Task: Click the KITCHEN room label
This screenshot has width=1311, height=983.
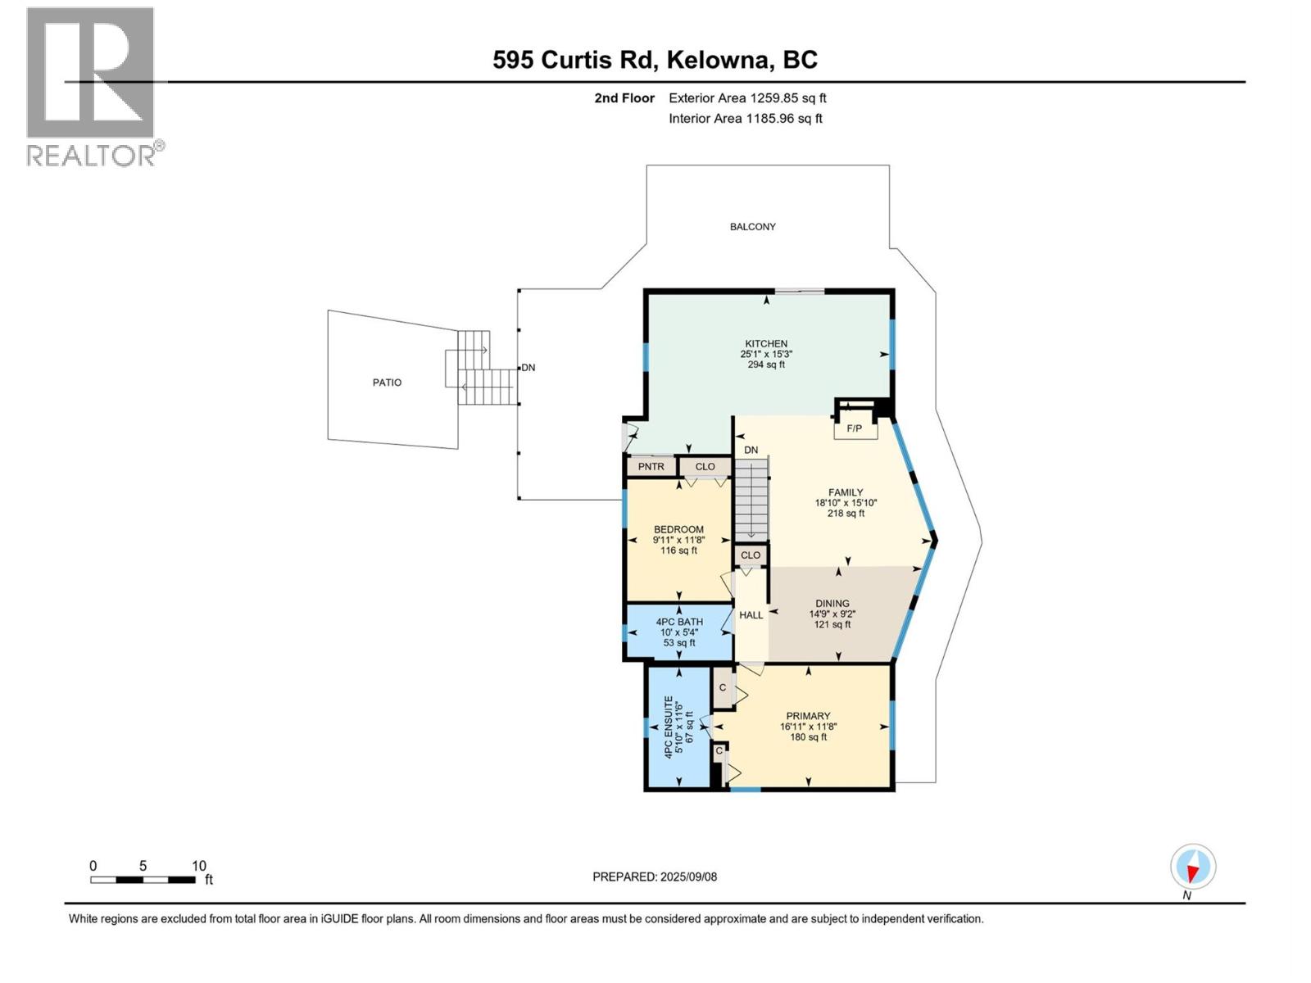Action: (766, 344)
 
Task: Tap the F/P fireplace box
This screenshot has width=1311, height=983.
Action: (855, 428)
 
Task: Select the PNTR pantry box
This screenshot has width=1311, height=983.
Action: (651, 467)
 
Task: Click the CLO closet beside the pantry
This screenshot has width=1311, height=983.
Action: (705, 467)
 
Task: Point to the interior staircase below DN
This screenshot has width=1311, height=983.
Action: (751, 500)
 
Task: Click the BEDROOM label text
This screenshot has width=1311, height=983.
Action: (678, 529)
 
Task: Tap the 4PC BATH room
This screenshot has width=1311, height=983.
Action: (679, 632)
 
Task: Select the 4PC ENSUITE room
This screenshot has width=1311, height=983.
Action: (678, 727)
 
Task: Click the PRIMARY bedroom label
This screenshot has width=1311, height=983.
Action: (808, 716)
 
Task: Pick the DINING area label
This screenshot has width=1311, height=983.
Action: (832, 604)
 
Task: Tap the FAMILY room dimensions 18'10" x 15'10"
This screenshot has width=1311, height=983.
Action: (846, 503)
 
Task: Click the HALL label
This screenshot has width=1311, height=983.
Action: (751, 615)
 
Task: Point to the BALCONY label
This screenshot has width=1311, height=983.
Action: (752, 227)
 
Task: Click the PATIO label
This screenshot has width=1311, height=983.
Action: (387, 383)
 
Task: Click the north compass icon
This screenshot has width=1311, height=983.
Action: (1192, 867)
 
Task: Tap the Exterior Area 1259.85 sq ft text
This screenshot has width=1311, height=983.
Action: (747, 98)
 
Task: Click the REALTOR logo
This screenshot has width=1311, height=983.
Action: (92, 86)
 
